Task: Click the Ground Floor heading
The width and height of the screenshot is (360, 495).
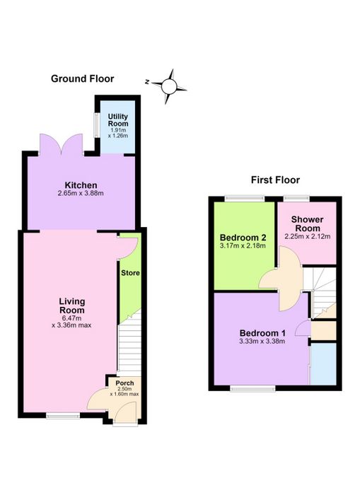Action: click(83, 78)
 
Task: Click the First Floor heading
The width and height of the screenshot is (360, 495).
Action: click(275, 180)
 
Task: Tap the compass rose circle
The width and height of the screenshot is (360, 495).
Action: click(169, 86)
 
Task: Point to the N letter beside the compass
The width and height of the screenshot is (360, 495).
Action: click(147, 82)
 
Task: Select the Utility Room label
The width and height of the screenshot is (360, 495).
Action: click(118, 120)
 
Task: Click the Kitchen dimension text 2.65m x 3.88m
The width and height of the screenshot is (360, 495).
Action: click(81, 193)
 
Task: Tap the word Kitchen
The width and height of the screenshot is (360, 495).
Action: click(81, 185)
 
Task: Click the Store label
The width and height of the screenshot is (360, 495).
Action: click(130, 273)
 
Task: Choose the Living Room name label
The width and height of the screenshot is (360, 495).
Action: click(72, 305)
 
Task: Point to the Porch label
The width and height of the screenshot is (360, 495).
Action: click(124, 383)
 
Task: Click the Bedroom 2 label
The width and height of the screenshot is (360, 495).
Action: click(243, 238)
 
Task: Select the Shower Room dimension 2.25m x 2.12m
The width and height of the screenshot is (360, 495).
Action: click(308, 236)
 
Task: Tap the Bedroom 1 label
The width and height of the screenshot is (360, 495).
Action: click(262, 333)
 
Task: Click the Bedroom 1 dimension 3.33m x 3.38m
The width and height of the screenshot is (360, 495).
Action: click(262, 342)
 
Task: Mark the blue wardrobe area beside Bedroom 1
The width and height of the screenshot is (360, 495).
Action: click(323, 363)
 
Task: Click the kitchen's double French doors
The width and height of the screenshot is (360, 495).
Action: click(62, 144)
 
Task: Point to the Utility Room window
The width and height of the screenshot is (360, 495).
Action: click(95, 125)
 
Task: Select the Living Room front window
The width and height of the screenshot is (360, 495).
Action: click(63, 416)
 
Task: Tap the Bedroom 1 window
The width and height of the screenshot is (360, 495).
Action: click(252, 389)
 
